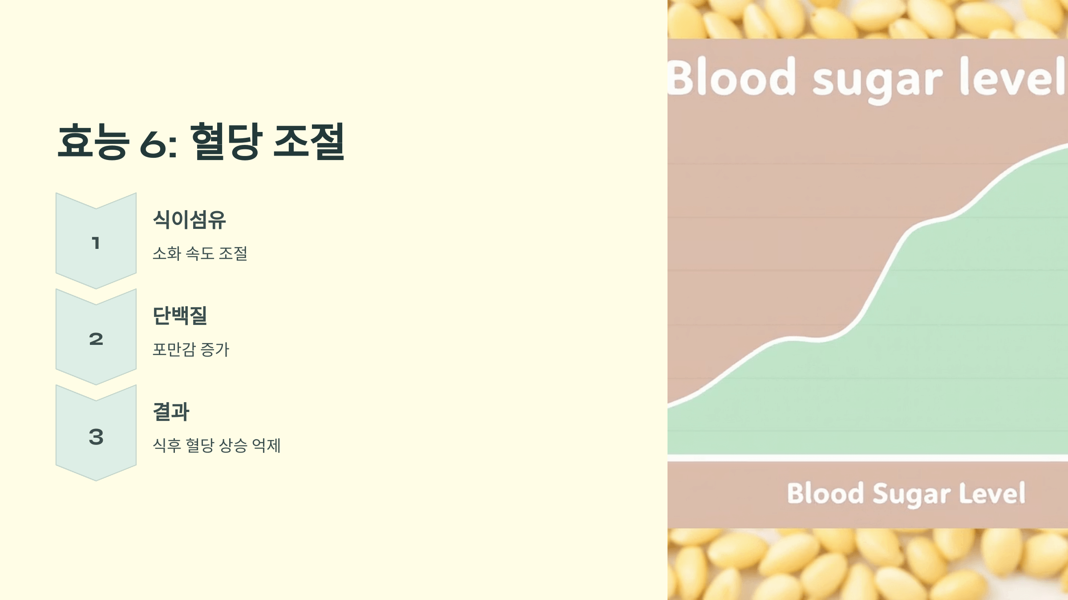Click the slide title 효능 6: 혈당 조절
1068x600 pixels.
click(x=201, y=141)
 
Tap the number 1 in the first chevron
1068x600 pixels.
click(x=96, y=243)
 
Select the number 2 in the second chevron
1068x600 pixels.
click(x=96, y=339)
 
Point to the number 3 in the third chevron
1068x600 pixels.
click(x=96, y=436)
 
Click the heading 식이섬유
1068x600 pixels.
click(x=189, y=220)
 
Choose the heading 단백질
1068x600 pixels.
click(x=180, y=316)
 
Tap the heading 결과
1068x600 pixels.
click(x=171, y=412)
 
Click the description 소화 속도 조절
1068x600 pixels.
click(x=200, y=253)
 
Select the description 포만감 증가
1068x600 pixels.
click(x=191, y=349)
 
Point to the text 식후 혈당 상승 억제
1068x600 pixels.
click(x=217, y=445)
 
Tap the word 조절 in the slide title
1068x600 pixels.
click(x=309, y=141)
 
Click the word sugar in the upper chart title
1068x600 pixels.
click(x=878, y=80)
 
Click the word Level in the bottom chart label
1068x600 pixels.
click(x=992, y=493)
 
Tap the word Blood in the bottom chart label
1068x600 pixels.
click(x=825, y=493)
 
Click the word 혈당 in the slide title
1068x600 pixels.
click(x=226, y=141)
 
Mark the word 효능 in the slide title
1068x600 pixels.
click(x=93, y=141)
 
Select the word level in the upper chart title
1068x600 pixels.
click(x=1012, y=76)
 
